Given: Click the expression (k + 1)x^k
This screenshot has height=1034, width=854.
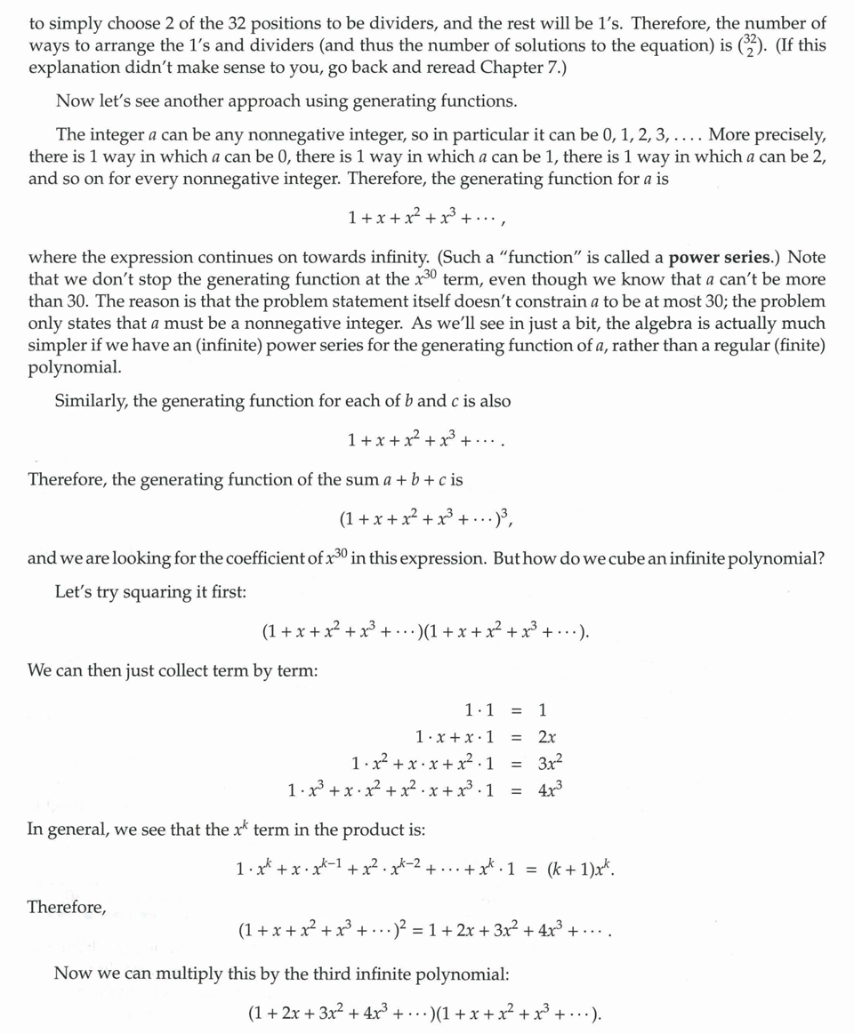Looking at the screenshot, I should tap(577, 867).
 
